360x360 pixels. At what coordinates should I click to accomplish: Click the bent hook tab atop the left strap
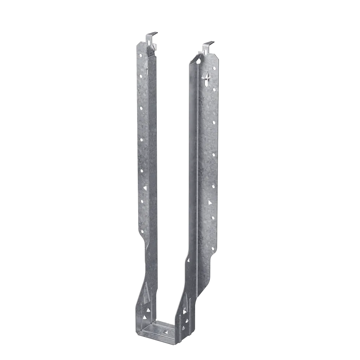[x=152, y=35]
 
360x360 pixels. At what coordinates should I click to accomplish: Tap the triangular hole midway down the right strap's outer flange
[x=210, y=202]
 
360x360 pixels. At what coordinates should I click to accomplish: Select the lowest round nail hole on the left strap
[x=142, y=231]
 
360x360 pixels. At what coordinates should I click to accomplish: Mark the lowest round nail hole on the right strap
[x=213, y=249]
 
